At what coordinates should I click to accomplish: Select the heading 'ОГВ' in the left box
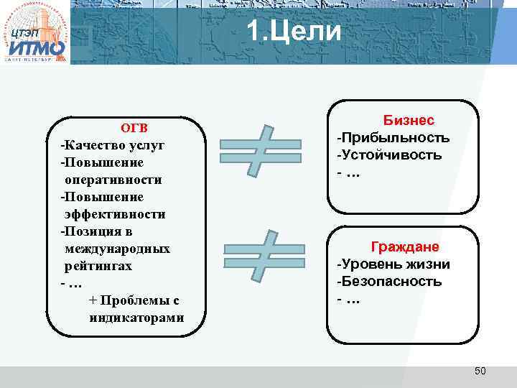pyautogui.click(x=134, y=128)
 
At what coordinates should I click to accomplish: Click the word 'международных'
pyautogui.click(x=118, y=249)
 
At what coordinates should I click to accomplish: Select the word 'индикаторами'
pyautogui.click(x=136, y=318)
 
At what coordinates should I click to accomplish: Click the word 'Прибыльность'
pyautogui.click(x=395, y=137)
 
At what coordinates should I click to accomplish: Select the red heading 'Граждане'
pyautogui.click(x=405, y=246)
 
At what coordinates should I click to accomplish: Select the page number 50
pyautogui.click(x=480, y=371)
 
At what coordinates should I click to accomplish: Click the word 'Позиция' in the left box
pyautogui.click(x=88, y=231)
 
